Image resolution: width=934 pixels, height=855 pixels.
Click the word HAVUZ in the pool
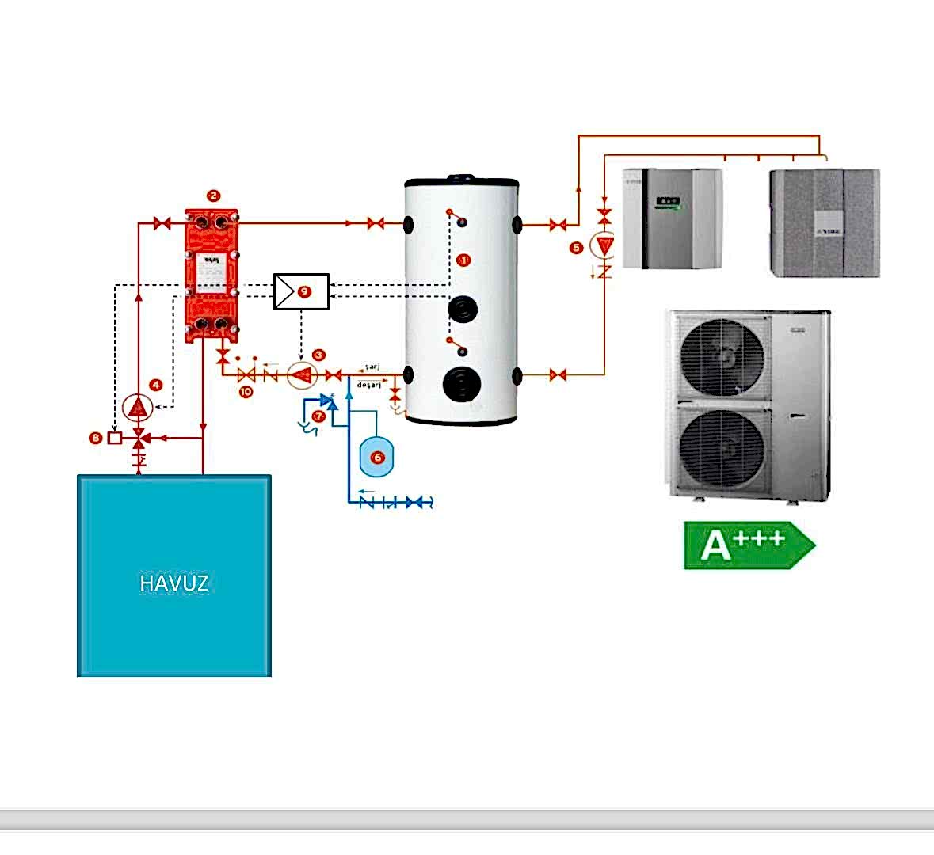coord(174,583)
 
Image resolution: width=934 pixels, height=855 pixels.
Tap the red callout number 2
coord(212,196)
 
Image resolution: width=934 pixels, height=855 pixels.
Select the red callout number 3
coord(318,355)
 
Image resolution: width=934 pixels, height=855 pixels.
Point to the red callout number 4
coord(156,385)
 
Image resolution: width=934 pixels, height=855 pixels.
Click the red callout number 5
coord(576,248)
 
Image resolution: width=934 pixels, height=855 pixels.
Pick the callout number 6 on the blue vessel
coord(377,457)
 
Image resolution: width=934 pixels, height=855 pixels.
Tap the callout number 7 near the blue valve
coord(318,415)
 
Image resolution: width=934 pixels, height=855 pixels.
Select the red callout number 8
coord(96,437)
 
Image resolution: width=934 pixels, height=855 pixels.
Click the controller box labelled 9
coord(301,291)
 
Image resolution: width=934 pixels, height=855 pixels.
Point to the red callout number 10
coord(246,391)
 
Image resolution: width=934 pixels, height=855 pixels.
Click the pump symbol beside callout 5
coord(604,246)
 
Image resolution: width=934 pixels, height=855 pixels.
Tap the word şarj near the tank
coord(372,367)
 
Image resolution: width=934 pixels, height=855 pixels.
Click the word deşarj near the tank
coord(370,385)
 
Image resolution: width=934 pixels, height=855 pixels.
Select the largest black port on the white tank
coord(462,383)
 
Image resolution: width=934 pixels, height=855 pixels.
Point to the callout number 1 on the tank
coord(464,260)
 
